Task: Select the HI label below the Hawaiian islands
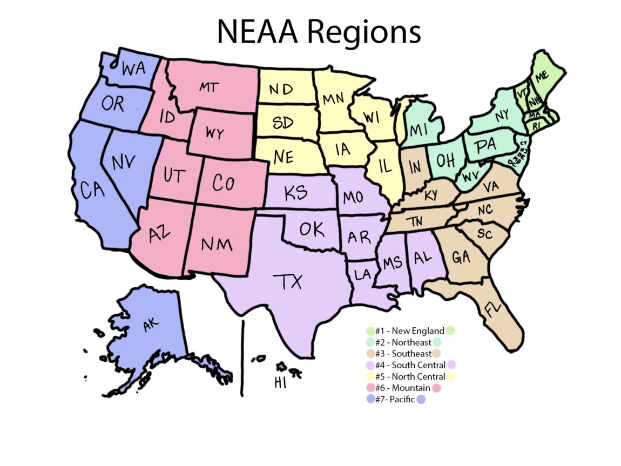point(280,383)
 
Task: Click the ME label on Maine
point(541,76)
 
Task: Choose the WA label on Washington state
point(133,69)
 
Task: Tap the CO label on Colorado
point(223,184)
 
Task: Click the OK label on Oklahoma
point(312,230)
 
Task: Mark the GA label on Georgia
point(461,257)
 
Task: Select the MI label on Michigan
point(419,130)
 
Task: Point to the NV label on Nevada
point(124,163)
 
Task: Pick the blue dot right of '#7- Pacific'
point(421,400)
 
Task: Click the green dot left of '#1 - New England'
point(370,331)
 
